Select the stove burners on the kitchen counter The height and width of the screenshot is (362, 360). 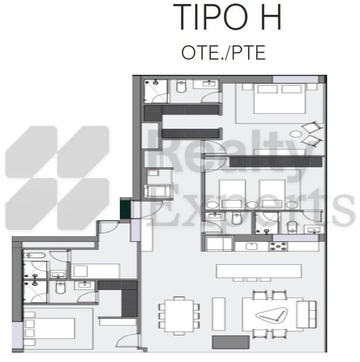pyautogui.click(x=278, y=246)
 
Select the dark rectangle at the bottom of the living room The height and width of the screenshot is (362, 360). pyautogui.click(x=223, y=342)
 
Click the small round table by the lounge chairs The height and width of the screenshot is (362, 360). pyautogui.click(x=296, y=135)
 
